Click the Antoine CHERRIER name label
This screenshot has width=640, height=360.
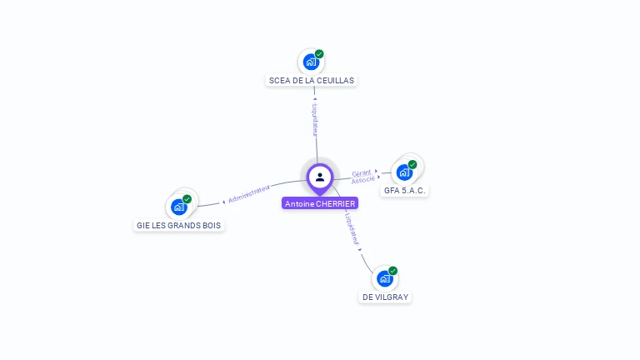[x=320, y=203]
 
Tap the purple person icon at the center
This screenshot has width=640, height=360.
[x=320, y=177]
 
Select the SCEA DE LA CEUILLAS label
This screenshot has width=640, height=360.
[x=312, y=81]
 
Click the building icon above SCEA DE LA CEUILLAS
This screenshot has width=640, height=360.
[x=310, y=62]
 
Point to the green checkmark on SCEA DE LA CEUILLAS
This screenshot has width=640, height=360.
[x=319, y=54]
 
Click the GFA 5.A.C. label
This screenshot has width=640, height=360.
[x=406, y=191]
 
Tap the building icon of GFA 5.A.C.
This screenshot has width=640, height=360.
[x=404, y=172]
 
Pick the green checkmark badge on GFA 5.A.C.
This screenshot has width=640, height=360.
[x=412, y=164]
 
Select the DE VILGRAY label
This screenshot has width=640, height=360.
[x=386, y=297]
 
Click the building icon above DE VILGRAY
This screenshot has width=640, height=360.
[x=383, y=279]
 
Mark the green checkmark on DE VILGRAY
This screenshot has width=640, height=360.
[x=392, y=271]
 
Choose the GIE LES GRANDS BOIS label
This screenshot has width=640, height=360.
[x=180, y=226]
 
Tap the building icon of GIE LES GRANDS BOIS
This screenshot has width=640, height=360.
[x=178, y=207]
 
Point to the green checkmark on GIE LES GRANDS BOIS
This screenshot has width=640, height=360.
[x=187, y=199]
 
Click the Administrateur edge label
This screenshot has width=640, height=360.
[x=249, y=195]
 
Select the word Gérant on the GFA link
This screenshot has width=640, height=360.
[x=362, y=172]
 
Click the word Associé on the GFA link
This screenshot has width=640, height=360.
[x=362, y=180]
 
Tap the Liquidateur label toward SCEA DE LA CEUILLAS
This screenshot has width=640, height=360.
[x=315, y=119]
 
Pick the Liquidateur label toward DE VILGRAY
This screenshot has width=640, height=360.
[x=352, y=227]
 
